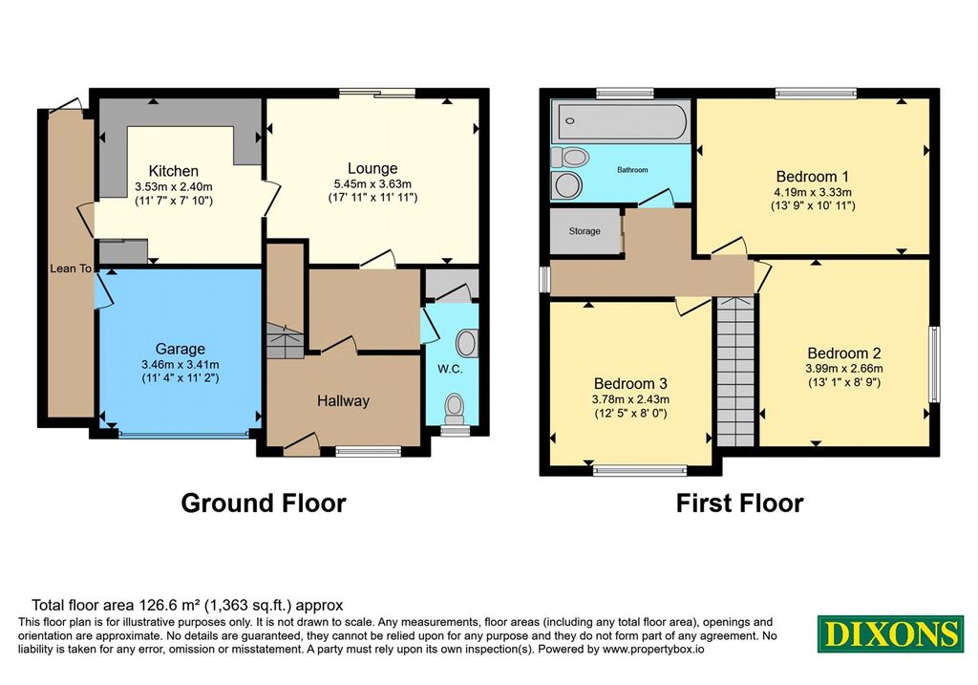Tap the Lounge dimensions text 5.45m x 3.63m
coord(372,184)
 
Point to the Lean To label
coord(71,268)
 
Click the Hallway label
coord(343,400)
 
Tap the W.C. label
coord(450,370)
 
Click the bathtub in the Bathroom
coord(620,120)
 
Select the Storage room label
coord(585,231)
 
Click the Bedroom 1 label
coord(812,177)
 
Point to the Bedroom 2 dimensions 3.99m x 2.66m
coord(844,369)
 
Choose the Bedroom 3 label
coord(630,384)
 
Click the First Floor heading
coord(740,503)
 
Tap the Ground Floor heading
coord(264,503)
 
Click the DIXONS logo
coord(890,633)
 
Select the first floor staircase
coord(736,372)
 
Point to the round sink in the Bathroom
coord(567,185)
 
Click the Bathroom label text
coord(632,170)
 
